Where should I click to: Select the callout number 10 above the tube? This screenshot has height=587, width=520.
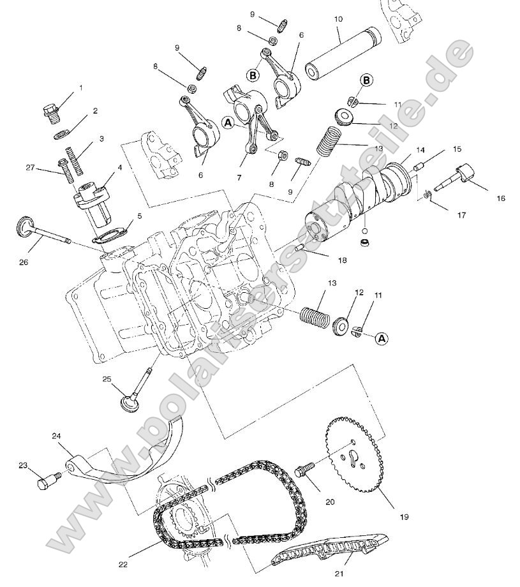pyautogui.click(x=338, y=20)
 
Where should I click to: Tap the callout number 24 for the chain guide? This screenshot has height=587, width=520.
pyautogui.click(x=56, y=436)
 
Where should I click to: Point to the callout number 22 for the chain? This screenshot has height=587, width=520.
pyautogui.click(x=123, y=564)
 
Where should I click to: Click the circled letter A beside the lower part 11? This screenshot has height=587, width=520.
pyautogui.click(x=381, y=338)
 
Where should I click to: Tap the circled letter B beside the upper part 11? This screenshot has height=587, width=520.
pyautogui.click(x=366, y=80)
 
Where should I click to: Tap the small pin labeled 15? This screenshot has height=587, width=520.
pyautogui.click(x=420, y=167)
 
